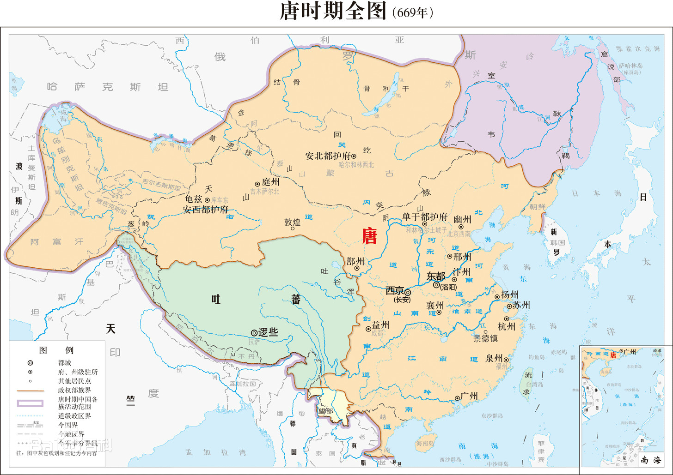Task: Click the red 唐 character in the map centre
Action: [x=369, y=236]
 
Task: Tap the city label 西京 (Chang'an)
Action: [x=395, y=291]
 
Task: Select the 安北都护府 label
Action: [x=328, y=156]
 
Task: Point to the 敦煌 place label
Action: [x=293, y=222]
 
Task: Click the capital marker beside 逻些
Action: [x=254, y=332]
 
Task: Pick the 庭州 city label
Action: [x=270, y=182]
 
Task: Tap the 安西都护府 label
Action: [x=206, y=210]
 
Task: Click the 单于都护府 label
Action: [x=425, y=216]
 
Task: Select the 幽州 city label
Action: [x=462, y=219]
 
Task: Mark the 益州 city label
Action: [x=380, y=325]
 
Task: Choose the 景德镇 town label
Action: [x=485, y=338]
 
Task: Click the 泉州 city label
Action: [x=494, y=358]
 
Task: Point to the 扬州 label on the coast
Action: [x=510, y=295]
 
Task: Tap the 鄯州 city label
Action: [x=355, y=261]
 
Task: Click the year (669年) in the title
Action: [x=412, y=13]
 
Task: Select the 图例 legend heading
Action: [x=56, y=350]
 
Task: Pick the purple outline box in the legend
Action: [x=31, y=403]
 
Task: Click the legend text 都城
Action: [x=65, y=363]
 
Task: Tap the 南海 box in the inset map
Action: [x=651, y=460]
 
